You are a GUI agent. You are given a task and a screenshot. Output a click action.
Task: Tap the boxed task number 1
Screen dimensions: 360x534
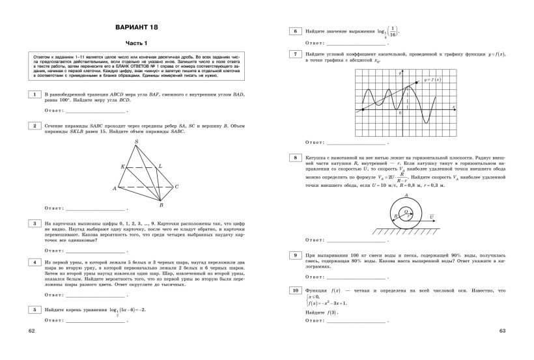point(32,95)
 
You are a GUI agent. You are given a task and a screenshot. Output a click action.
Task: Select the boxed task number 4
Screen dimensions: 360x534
point(32,262)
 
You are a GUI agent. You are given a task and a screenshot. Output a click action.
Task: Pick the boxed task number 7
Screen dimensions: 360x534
point(296,54)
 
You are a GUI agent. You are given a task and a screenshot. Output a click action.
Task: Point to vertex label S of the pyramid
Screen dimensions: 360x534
point(136,141)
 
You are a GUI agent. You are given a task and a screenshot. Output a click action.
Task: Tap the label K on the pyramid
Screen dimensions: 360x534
point(122,166)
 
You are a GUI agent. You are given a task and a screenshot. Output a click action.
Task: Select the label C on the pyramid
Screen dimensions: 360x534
point(176,186)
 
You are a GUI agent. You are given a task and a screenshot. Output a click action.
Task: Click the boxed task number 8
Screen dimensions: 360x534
point(296,158)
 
